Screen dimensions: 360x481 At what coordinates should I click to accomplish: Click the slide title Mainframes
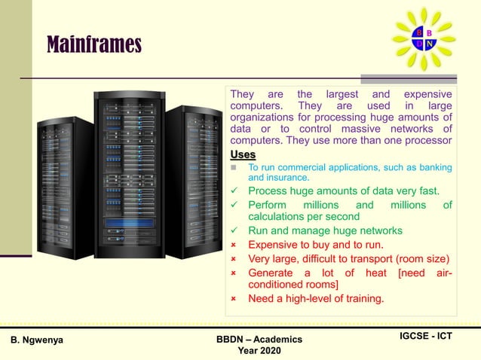(x=94, y=45)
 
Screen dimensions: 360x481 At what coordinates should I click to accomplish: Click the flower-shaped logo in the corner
(x=424, y=38)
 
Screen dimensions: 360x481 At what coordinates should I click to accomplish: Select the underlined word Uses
(x=243, y=154)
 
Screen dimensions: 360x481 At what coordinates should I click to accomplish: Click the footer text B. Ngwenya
(x=37, y=340)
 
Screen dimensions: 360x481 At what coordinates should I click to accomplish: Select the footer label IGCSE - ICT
(x=425, y=336)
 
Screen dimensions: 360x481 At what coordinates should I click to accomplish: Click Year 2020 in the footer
(x=259, y=351)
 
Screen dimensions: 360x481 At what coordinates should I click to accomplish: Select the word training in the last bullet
(x=359, y=299)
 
